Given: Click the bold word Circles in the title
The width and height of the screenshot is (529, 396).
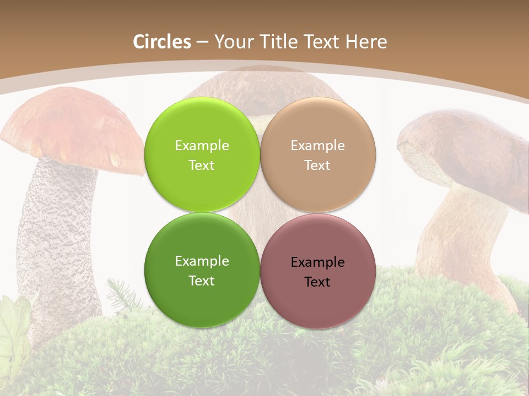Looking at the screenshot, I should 162,42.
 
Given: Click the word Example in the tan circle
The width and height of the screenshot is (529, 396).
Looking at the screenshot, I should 318,146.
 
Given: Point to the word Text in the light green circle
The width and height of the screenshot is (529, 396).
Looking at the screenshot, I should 202,166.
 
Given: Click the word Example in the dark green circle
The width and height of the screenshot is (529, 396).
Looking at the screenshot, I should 202,261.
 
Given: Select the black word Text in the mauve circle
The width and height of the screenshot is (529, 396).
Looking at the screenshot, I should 317,282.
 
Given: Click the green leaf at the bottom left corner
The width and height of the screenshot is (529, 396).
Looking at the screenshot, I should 14,324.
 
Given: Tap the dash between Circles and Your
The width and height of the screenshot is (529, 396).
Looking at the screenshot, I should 202,42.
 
